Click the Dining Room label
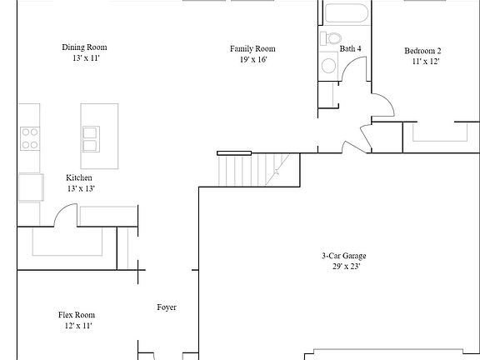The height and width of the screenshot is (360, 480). (84, 47)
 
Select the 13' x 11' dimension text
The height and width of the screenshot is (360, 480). (84, 59)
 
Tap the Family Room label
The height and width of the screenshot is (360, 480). (252, 49)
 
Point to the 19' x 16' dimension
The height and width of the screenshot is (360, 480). (252, 61)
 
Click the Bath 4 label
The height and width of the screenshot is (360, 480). (350, 49)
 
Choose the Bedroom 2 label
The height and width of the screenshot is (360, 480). (422, 51)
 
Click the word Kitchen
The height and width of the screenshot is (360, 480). (79, 177)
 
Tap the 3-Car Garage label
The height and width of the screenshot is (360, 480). (343, 256)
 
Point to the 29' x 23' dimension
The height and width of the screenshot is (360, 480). (343, 267)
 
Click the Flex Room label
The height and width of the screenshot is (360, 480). (76, 315)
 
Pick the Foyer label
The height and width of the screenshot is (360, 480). (167, 307)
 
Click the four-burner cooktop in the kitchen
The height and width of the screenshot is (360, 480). (30, 137)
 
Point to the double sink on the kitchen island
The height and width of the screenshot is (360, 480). (91, 132)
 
